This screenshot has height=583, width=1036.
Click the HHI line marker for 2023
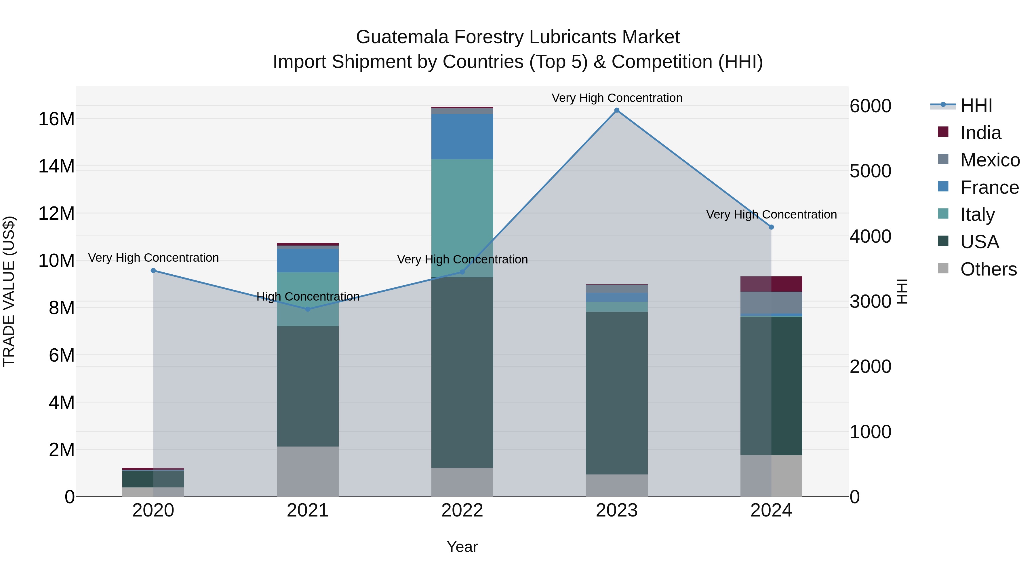616,110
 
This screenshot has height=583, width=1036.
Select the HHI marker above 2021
308,309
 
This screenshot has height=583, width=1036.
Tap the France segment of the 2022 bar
462,136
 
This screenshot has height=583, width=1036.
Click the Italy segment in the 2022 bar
462,217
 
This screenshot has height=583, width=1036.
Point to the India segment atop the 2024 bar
771,284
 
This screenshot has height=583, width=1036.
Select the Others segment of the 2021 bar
308,471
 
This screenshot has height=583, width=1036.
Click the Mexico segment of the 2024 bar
771,302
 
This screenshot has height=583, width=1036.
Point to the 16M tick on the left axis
56,119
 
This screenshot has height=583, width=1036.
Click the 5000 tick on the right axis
870,171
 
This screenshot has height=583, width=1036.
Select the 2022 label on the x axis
462,510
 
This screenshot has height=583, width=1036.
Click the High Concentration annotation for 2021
308,297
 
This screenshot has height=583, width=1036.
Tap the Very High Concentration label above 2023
616,98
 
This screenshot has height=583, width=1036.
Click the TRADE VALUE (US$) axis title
9,291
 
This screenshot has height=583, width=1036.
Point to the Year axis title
462,547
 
